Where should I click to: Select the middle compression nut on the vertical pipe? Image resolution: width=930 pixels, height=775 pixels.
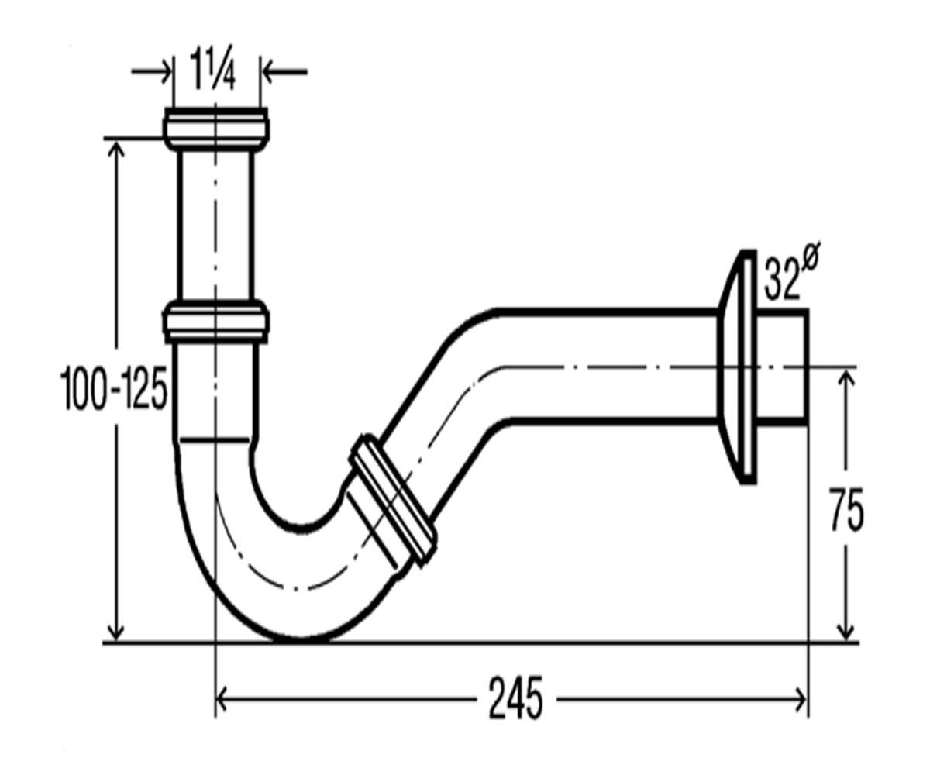216,323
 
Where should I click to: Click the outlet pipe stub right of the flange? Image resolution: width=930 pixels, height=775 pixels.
783,367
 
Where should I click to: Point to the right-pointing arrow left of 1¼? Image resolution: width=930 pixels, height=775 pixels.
151,71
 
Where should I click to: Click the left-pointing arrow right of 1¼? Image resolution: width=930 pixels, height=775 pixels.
284,71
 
